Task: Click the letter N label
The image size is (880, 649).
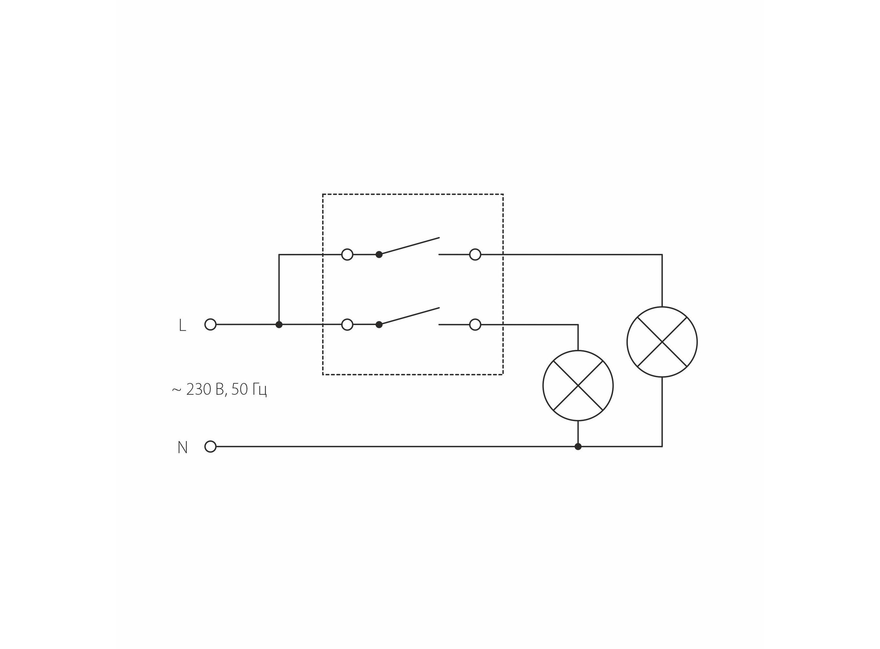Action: click(x=183, y=447)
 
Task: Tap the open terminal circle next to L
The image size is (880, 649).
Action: click(x=210, y=324)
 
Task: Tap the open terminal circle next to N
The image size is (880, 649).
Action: click(x=210, y=447)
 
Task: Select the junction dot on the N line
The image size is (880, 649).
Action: click(x=578, y=447)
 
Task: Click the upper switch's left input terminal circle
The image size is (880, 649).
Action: click(x=347, y=255)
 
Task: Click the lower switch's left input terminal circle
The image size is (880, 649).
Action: click(x=347, y=324)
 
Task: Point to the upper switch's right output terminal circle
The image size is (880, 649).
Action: click(x=475, y=255)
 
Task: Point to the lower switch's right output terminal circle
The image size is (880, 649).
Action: click(x=475, y=324)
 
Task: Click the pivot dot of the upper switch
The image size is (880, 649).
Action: click(x=379, y=255)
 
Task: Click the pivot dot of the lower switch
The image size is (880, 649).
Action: click(x=379, y=324)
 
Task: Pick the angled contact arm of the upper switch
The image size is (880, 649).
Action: click(x=410, y=246)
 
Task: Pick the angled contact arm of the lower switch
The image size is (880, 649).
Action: click(x=410, y=316)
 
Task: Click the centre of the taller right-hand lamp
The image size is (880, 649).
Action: click(x=662, y=342)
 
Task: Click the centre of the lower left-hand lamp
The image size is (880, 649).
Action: click(x=578, y=386)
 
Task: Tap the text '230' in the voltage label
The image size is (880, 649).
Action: click(x=199, y=389)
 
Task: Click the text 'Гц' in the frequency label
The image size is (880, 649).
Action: click(x=259, y=390)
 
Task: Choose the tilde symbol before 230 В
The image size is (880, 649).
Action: click(x=177, y=390)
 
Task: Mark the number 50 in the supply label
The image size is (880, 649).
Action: click(x=239, y=389)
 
